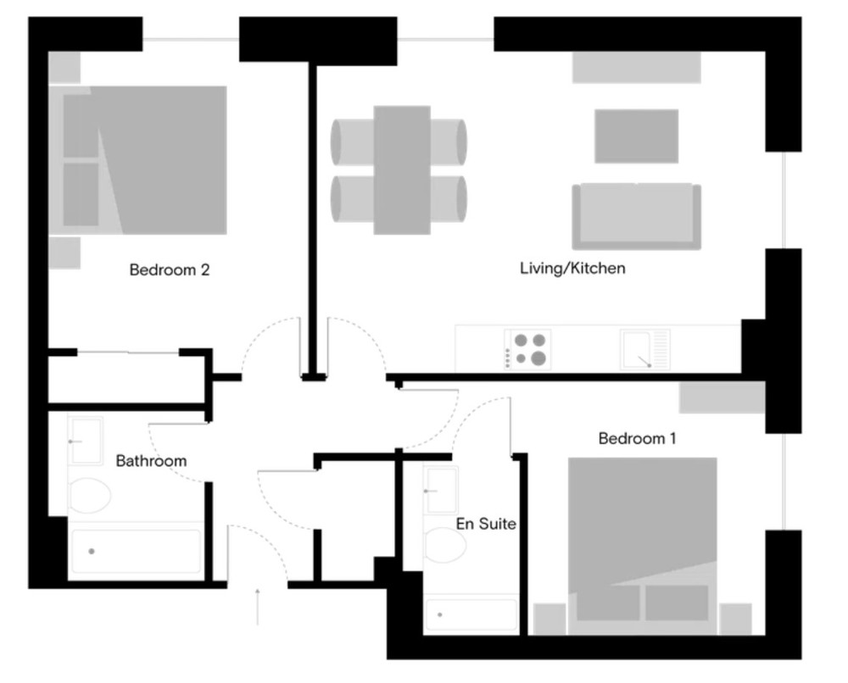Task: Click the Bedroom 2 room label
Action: click(x=170, y=269)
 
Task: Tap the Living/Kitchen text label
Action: click(x=572, y=268)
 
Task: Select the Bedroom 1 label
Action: click(x=637, y=438)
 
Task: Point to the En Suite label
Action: click(x=486, y=524)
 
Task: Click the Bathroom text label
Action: click(x=152, y=461)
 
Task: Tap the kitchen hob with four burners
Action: click(x=527, y=349)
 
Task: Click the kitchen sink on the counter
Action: click(x=645, y=350)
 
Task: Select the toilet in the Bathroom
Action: click(x=90, y=494)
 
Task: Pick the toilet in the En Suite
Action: click(x=445, y=545)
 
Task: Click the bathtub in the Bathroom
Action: click(x=136, y=552)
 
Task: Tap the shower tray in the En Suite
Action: click(x=471, y=614)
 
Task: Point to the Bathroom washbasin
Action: click(x=86, y=441)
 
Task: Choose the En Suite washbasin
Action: click(x=441, y=490)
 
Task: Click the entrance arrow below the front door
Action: click(x=258, y=606)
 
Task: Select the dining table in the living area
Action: click(x=402, y=169)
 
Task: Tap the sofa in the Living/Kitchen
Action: click(x=637, y=216)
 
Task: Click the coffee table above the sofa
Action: click(x=637, y=136)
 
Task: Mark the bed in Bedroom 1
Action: click(x=643, y=546)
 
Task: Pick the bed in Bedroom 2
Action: click(x=138, y=160)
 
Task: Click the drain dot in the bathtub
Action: click(x=92, y=552)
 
